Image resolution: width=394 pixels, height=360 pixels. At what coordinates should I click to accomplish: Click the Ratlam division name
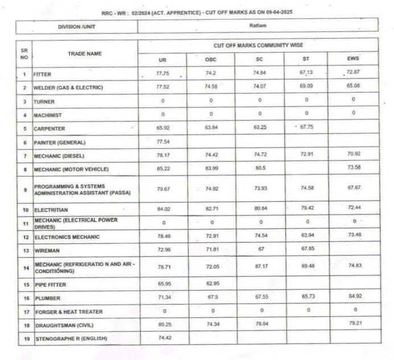[x=257, y=26]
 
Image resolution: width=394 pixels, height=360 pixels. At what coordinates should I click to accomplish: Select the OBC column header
[x=211, y=59]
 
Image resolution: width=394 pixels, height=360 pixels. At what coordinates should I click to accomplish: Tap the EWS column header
[x=354, y=59]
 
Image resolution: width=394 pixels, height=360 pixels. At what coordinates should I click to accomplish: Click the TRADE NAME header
[x=85, y=54]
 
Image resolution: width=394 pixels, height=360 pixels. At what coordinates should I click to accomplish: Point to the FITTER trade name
[x=43, y=75]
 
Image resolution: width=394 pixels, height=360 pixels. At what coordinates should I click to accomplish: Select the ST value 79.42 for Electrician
[x=306, y=209]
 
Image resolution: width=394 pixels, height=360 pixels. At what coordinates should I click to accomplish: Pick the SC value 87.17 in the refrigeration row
[x=260, y=265]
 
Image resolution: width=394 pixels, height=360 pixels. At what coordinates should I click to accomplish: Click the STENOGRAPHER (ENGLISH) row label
[x=71, y=339]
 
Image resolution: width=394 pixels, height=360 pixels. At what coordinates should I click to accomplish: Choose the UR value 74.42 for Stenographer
[x=163, y=338]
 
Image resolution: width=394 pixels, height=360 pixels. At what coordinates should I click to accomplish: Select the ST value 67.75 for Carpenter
[x=306, y=127]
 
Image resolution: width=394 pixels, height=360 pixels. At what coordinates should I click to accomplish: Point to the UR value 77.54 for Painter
[x=162, y=141]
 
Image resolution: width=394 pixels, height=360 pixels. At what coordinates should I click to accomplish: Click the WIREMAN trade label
[x=46, y=251]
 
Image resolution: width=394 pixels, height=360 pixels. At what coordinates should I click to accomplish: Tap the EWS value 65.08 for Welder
[x=354, y=87]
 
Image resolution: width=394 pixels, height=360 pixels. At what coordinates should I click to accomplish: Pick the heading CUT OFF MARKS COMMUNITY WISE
[x=258, y=45]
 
